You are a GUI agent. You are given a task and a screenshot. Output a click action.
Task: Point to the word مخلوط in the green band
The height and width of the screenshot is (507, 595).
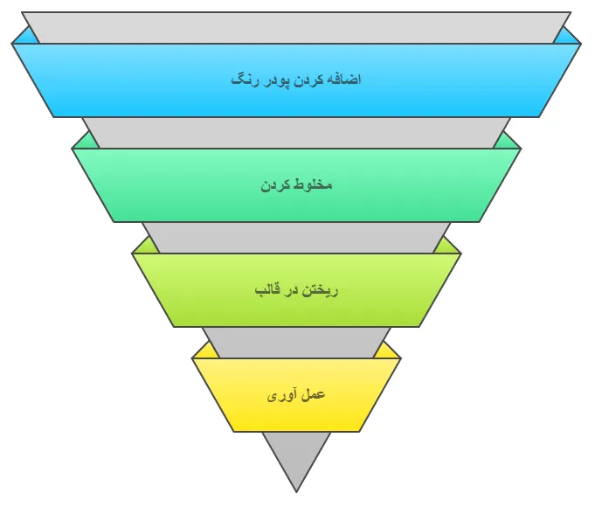313,185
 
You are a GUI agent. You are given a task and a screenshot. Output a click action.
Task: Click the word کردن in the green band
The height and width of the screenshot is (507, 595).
277,185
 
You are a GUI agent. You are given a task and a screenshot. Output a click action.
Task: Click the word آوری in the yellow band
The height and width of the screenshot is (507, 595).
281,395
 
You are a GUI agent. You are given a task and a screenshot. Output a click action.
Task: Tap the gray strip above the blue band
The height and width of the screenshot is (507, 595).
296,27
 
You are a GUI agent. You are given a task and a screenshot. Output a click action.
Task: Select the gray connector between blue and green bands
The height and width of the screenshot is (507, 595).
296,132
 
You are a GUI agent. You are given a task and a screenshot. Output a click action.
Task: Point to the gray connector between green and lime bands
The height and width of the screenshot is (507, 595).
296,237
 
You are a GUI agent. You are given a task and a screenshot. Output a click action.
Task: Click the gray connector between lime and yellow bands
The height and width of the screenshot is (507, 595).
296,342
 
